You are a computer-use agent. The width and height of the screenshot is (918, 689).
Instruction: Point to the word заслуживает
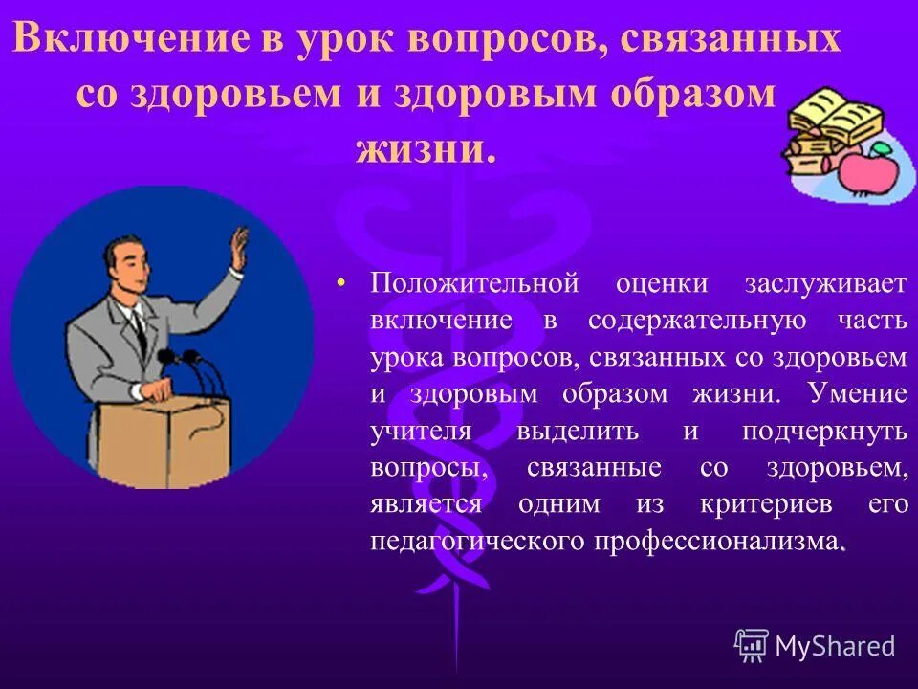[x=825, y=284]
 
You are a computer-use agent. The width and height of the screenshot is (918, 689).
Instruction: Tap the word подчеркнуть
[x=824, y=430]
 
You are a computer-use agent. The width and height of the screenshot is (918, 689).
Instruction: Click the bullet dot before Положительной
[x=342, y=284]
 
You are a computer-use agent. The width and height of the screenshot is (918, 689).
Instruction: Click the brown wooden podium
[x=163, y=440]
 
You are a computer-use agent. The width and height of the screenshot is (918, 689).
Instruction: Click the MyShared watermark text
[x=834, y=646]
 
